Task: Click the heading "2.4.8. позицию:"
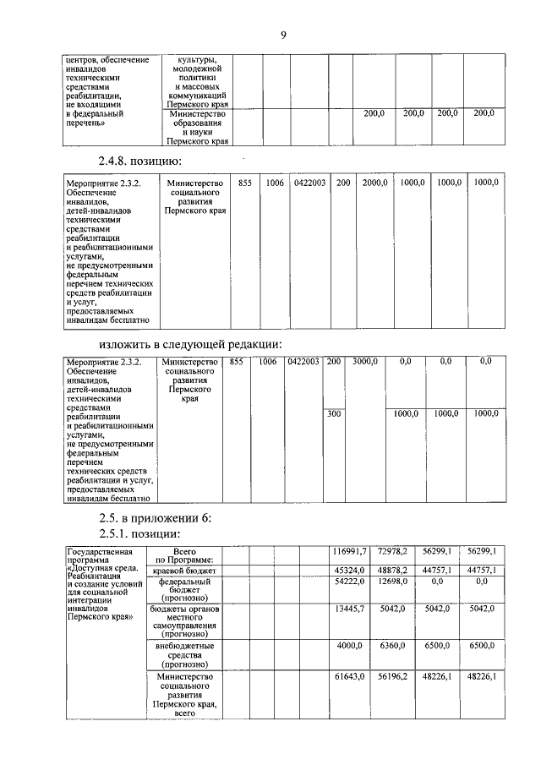(140, 161)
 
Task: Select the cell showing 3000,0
(366, 362)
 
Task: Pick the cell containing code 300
(334, 413)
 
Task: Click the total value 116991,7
(347, 551)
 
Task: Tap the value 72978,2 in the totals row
(391, 551)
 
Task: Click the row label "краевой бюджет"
(183, 570)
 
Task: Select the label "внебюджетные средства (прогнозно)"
(183, 655)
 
